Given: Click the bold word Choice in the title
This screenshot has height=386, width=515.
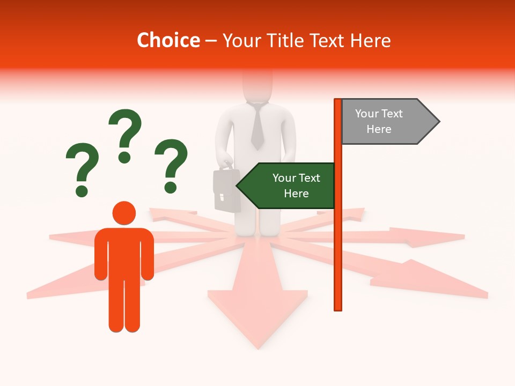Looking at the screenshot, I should (168, 40).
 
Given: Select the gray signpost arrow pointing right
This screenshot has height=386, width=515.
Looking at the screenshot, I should (389, 122).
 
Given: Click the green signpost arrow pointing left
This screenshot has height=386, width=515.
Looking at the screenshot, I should (287, 185).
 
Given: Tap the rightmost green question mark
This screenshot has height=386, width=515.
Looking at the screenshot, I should (171, 165).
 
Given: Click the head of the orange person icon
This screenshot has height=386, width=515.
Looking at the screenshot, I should (124, 213).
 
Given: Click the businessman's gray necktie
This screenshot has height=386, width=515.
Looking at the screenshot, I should (257, 128).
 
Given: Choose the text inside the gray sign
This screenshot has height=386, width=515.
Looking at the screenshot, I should (379, 121).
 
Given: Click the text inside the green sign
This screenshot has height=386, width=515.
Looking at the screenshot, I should (296, 185).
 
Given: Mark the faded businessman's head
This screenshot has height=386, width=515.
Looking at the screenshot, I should (257, 86).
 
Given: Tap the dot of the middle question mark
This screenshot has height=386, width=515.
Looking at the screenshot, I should (125, 158).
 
